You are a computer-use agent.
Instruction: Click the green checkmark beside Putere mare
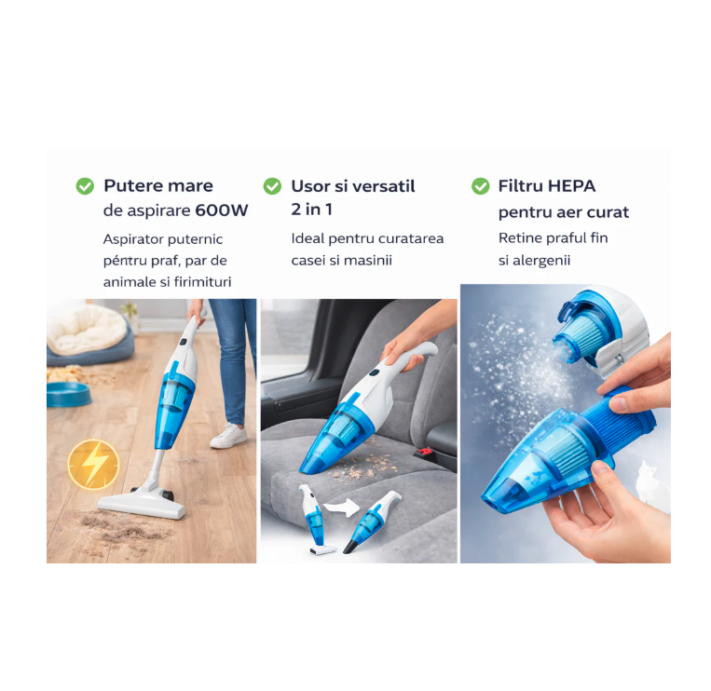click(x=85, y=186)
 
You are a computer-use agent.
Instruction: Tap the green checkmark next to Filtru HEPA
click(x=480, y=186)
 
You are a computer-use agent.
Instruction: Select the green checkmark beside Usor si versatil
click(x=272, y=186)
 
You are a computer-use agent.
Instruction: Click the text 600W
click(x=222, y=210)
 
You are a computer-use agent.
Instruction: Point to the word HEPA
click(x=571, y=185)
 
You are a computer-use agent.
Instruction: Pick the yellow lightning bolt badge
click(x=93, y=463)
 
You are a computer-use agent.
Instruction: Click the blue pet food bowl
click(x=68, y=392)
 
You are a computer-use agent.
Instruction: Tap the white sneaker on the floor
click(x=228, y=436)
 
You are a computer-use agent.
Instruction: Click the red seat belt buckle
click(x=426, y=452)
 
